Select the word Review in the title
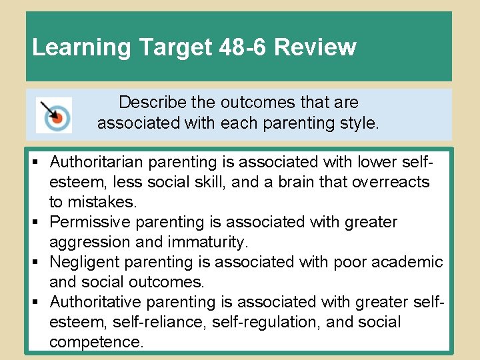[315, 47]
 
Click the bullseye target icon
[54, 115]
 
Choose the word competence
[95, 342]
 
